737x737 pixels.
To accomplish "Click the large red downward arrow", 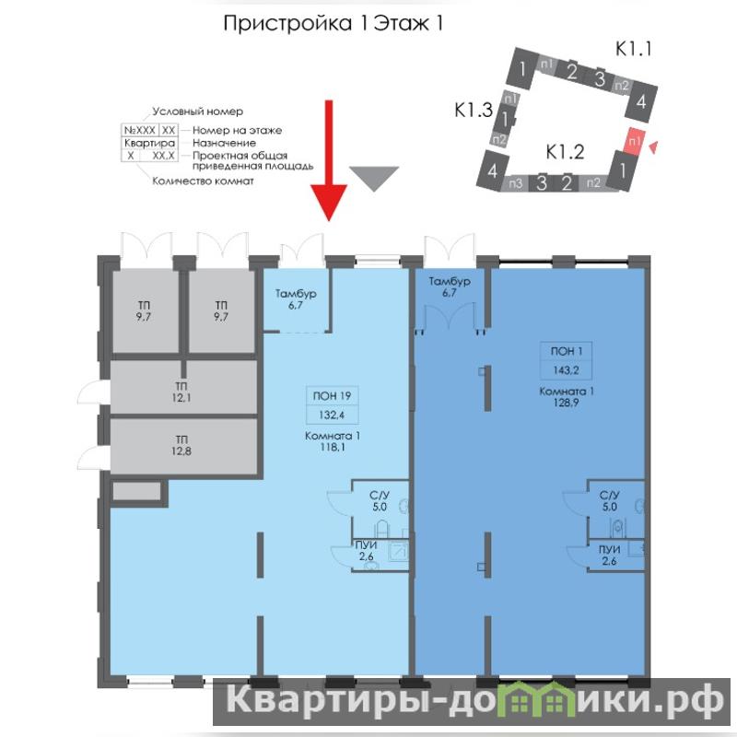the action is coord(329,159).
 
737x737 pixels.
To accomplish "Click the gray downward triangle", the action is coord(374,178).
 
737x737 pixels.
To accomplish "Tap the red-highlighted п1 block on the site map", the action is coord(635,141).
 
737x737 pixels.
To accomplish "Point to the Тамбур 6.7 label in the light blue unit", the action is coord(296,298).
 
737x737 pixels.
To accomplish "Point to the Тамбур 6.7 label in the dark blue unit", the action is coord(450,287).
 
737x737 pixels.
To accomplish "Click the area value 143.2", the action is coord(566,370).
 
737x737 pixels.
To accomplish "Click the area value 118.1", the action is coord(333,447).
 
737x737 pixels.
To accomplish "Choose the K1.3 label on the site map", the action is coord(474,110).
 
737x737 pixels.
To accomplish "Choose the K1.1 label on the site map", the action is coord(634,49).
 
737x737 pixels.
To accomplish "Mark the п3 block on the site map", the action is coord(515,182).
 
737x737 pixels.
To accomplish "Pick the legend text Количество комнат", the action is coord(203,181).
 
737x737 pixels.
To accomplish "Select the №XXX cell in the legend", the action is coord(140,130).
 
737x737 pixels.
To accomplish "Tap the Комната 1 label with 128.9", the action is coord(566,397).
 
